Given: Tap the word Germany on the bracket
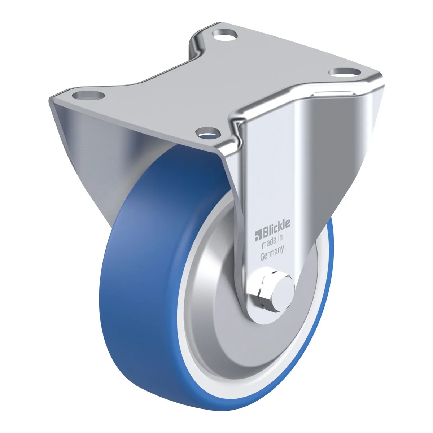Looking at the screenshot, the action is pyautogui.click(x=272, y=253).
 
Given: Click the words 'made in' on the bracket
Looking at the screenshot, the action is pyautogui.click(x=272, y=241).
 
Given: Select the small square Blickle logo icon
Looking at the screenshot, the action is pyautogui.click(x=257, y=236).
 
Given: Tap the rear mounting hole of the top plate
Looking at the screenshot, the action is pyautogui.click(x=225, y=35).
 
